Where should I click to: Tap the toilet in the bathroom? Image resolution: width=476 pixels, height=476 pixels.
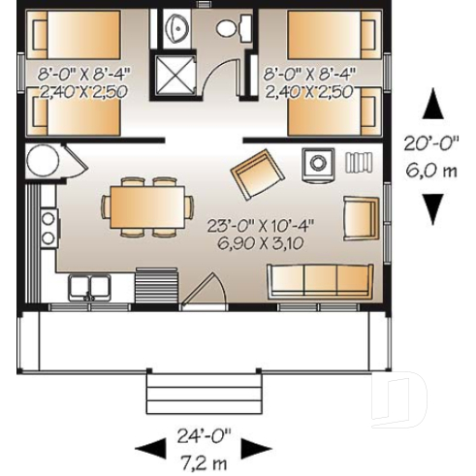click(x=230, y=27)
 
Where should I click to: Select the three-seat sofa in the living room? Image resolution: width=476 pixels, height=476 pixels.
click(x=320, y=280)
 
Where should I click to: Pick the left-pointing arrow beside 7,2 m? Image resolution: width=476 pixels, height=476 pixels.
click(x=150, y=448)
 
